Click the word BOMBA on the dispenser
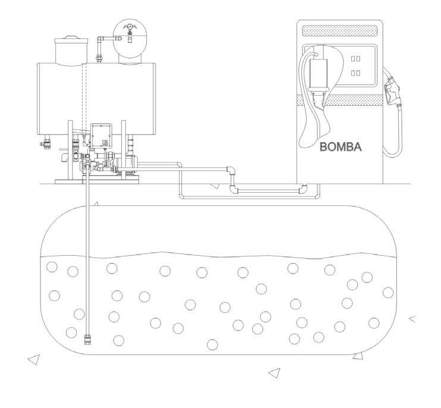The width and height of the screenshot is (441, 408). coord(341,147)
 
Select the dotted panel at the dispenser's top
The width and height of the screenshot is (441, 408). coord(340,31)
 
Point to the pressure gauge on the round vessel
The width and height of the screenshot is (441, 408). coord(129,27)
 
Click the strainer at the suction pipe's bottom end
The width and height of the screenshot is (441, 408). coord(87,340)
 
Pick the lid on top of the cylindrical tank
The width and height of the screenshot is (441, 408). coord(71,40)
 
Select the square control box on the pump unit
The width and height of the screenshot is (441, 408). coord(101,136)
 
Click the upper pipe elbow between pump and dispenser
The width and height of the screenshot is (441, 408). coord(231,170)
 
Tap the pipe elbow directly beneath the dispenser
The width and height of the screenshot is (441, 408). coord(303,189)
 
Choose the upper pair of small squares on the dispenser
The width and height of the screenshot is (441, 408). coord(355,58)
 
